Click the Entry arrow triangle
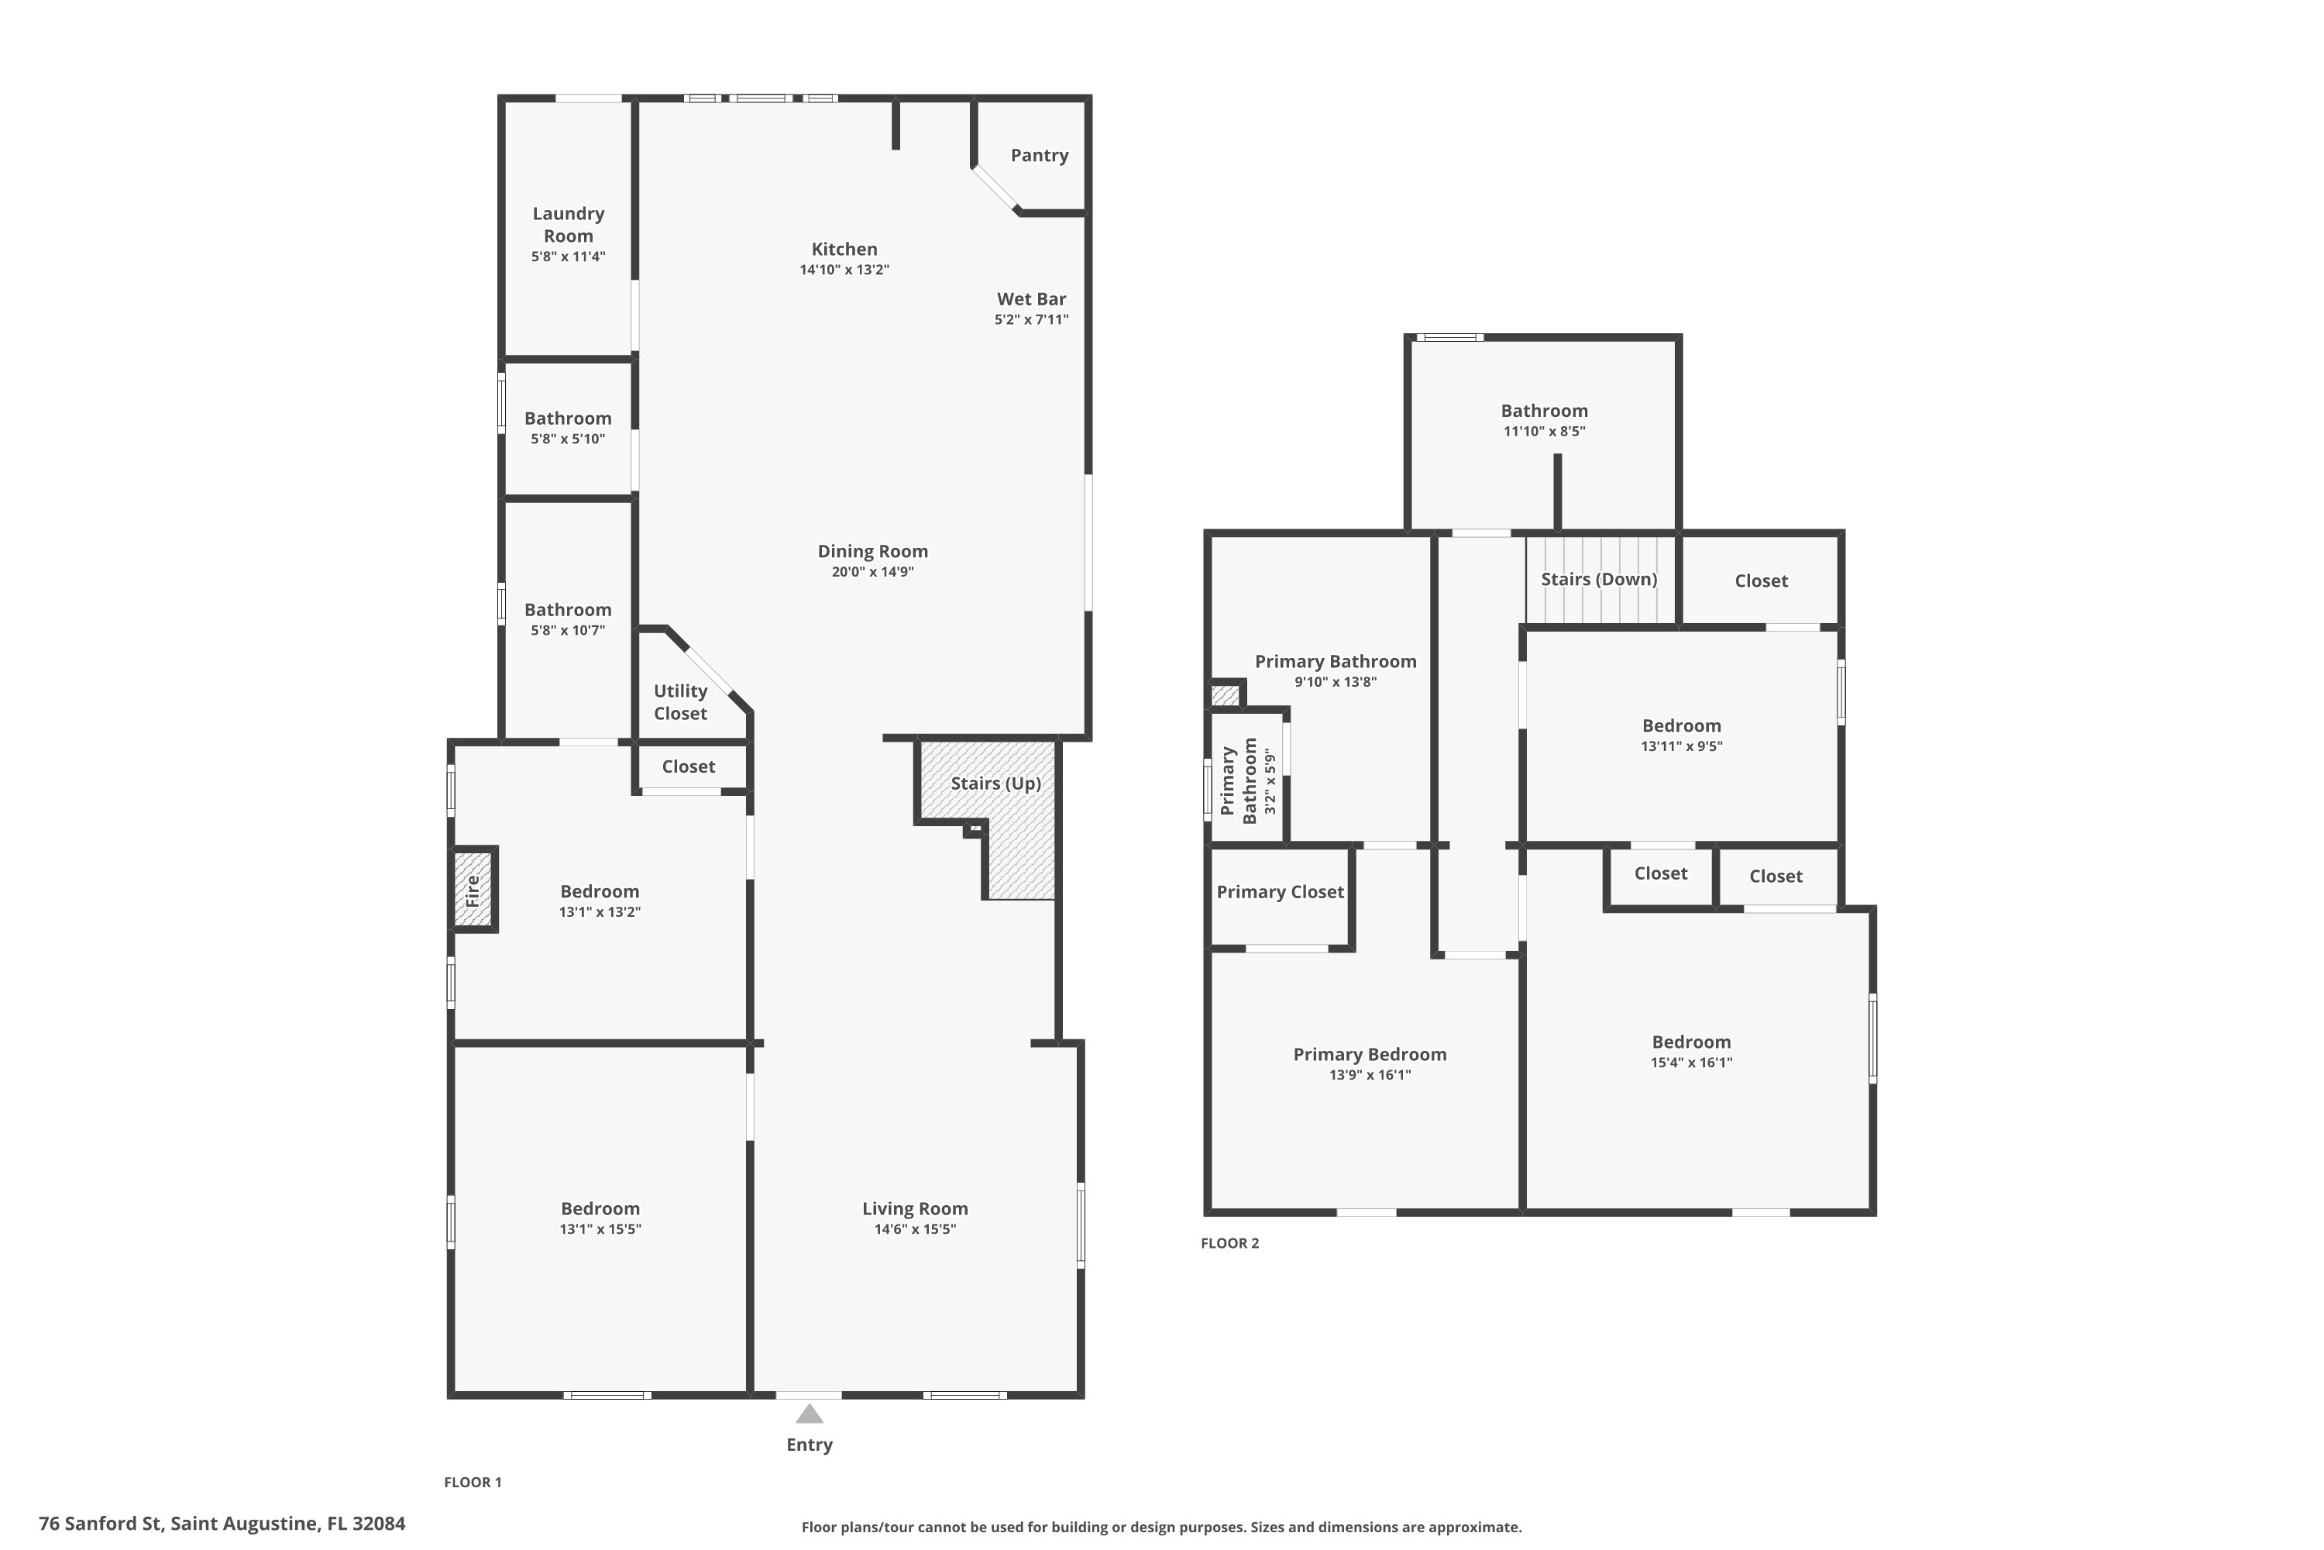[810, 1414]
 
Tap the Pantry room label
[1040, 155]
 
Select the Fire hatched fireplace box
[473, 890]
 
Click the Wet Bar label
[1032, 298]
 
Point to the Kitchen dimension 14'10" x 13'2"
[845, 270]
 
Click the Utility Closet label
[681, 702]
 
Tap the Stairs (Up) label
[996, 784]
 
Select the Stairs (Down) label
[1600, 579]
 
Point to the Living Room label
[915, 1208]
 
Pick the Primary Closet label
[1281, 892]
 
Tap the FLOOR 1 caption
[473, 1482]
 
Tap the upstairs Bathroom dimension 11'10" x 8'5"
[1545, 432]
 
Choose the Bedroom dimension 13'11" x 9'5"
[1682, 746]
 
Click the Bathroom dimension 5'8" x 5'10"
[568, 439]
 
